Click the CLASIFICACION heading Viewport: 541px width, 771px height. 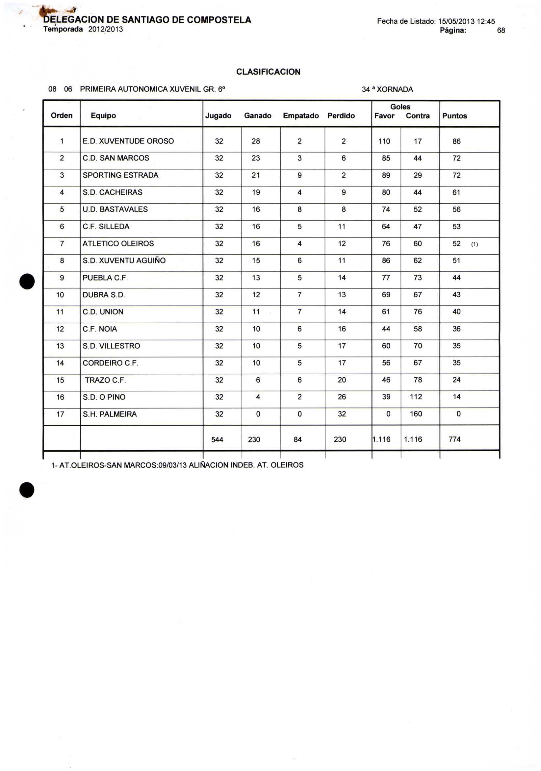point(268,72)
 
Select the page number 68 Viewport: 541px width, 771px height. point(501,31)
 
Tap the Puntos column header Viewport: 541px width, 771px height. point(454,116)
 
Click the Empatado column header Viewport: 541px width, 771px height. point(301,116)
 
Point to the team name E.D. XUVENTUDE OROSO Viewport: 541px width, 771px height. point(128,141)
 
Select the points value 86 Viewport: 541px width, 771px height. point(456,141)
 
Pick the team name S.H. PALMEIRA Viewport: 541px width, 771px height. point(110,414)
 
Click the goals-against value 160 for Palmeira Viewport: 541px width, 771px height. point(416,414)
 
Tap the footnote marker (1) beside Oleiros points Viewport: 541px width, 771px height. point(474,244)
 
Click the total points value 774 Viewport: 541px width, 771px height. point(454,439)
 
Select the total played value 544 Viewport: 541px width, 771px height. point(217,439)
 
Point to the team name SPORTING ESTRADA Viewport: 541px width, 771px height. point(120,175)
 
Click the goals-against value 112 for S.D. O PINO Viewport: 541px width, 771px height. point(416,397)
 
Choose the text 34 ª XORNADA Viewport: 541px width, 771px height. point(387,90)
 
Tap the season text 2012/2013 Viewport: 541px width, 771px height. point(106,30)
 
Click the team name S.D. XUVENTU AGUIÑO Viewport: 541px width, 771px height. point(124,261)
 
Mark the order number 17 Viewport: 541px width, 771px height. point(60,414)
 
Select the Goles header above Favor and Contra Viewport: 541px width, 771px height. point(400,107)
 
